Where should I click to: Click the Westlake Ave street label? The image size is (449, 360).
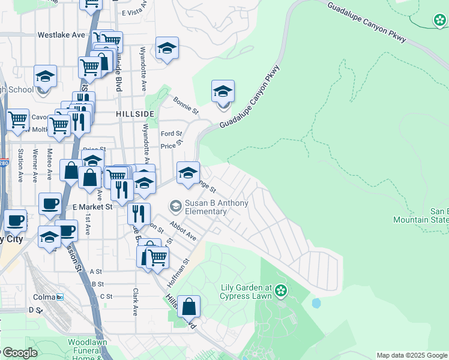pyautogui.click(x=61, y=35)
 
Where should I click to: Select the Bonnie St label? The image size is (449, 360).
pyautogui.click(x=185, y=105)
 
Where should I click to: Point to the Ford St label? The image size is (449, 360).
pyautogui.click(x=171, y=134)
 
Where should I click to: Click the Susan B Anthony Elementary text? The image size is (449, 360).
pyautogui.click(x=216, y=208)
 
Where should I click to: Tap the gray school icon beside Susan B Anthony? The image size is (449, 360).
pyautogui.click(x=176, y=207)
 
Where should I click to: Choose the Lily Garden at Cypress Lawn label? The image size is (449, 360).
pyautogui.click(x=244, y=292)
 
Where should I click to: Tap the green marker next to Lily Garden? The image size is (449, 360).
pyautogui.click(x=281, y=292)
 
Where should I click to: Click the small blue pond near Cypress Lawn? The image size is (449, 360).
pyautogui.click(x=316, y=303)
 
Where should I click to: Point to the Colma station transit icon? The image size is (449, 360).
pyautogui.click(x=60, y=297)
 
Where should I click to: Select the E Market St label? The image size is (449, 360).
pyautogui.click(x=93, y=206)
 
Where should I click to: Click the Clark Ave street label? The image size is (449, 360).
pyautogui.click(x=135, y=302)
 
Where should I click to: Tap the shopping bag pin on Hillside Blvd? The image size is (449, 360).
pyautogui.click(x=188, y=307)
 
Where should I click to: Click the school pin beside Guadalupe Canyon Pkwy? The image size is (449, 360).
pyautogui.click(x=223, y=92)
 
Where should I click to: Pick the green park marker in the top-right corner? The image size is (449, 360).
pyautogui.click(x=441, y=21)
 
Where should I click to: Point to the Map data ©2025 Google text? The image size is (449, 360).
pyautogui.click(x=411, y=355)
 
